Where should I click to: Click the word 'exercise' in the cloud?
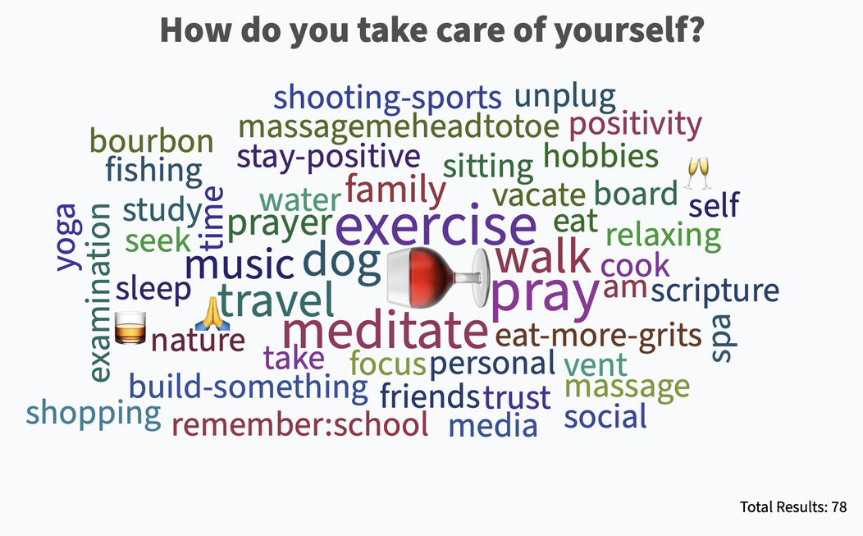coord(436,226)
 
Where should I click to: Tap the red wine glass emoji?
coord(438,277)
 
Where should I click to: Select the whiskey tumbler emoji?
coord(130,328)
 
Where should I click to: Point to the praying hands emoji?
coord(212,314)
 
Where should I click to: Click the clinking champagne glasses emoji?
coord(697,173)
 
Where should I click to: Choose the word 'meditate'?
coord(385,331)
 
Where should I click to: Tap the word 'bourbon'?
coord(152,141)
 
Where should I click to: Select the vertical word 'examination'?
coord(99,292)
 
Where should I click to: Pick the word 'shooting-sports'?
coord(387,98)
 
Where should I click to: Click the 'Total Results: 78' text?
coord(793,506)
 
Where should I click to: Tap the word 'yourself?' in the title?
coord(629,31)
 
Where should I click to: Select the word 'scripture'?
coord(715,290)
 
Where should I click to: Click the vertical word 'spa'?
coord(723,338)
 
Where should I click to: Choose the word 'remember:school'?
coord(300,424)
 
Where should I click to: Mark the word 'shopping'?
coord(94,414)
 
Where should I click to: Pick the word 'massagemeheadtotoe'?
coord(399,126)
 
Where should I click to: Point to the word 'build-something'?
coord(249,386)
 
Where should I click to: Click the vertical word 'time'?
coord(213,217)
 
